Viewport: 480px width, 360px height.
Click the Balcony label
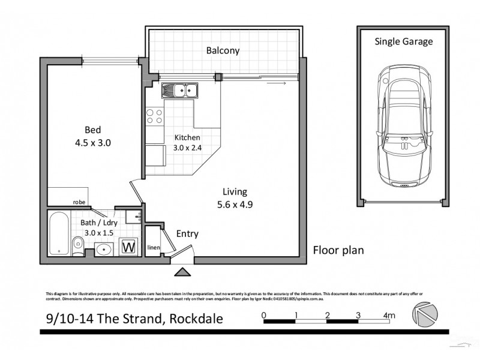223,51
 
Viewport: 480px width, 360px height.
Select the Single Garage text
403,42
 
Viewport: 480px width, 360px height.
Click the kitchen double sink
180,91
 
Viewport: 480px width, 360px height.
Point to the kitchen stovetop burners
155,116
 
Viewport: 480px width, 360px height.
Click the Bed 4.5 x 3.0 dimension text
92,136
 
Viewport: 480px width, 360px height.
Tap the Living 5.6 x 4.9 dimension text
235,197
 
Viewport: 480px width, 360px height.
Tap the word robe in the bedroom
79,202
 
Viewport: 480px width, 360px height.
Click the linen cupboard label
152,247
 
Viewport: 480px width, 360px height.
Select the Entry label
187,234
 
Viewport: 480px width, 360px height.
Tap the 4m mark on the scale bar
389,315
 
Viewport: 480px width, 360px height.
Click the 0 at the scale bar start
263,315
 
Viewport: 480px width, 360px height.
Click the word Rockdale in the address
195,319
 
